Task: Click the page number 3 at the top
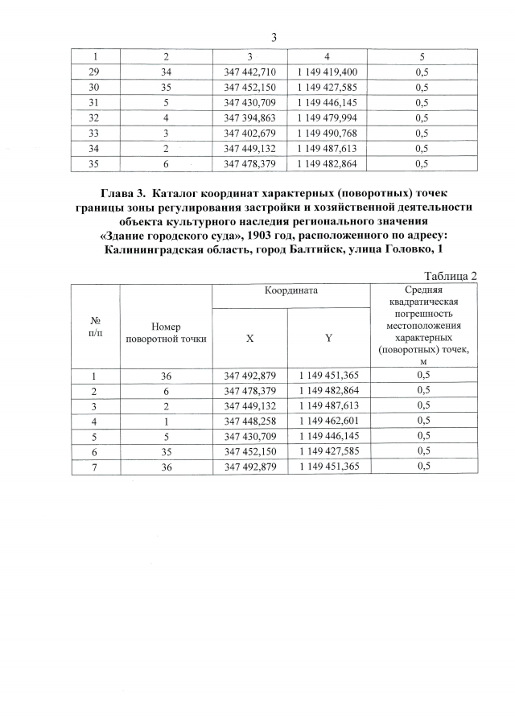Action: coord(274,38)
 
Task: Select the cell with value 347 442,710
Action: coord(250,72)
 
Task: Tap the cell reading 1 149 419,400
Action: coord(326,72)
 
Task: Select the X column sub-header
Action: coord(250,339)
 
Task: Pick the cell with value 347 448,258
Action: coord(250,421)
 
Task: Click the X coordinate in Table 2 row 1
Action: coord(250,375)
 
